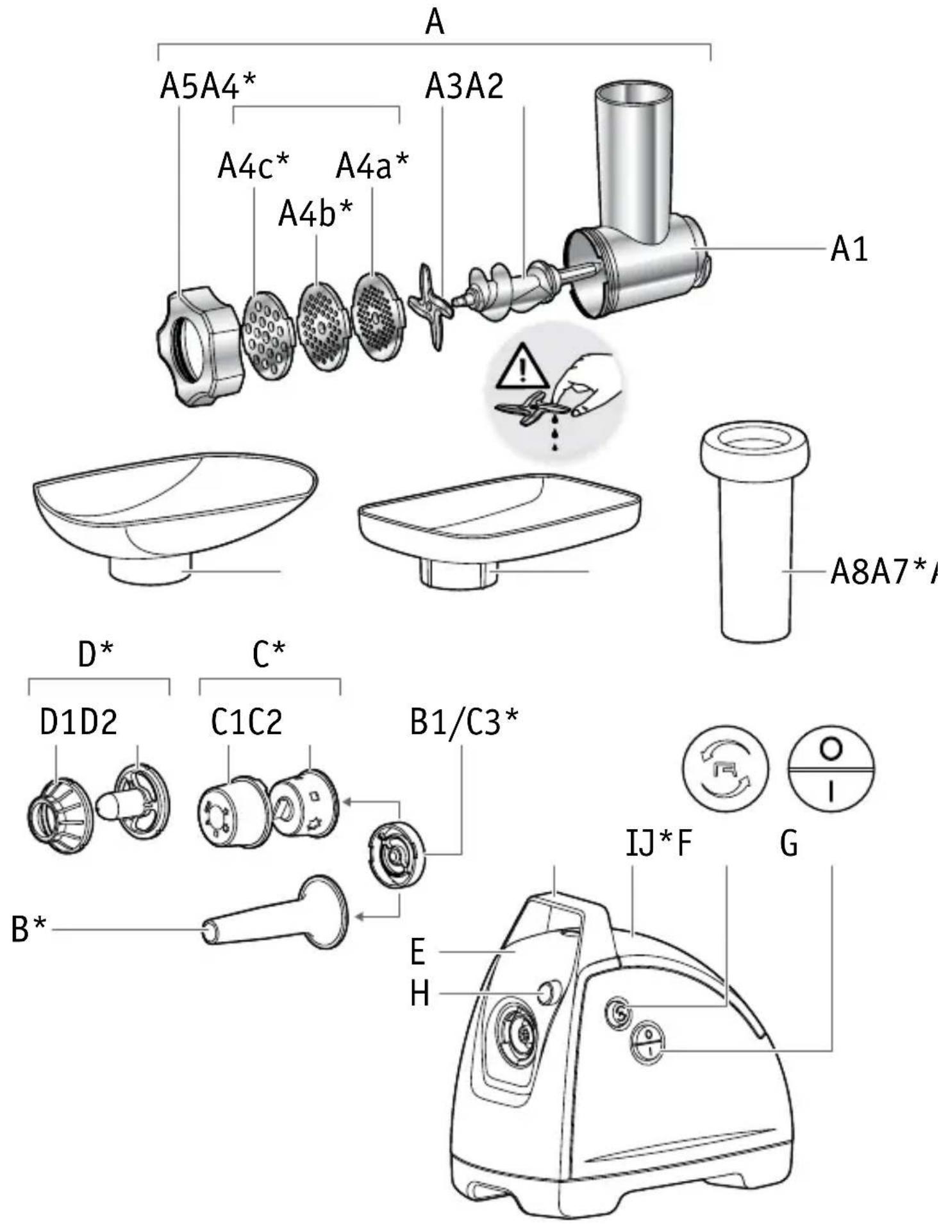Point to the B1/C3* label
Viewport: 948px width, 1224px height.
[x=464, y=723]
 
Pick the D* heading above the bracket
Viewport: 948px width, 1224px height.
[x=96, y=654]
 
